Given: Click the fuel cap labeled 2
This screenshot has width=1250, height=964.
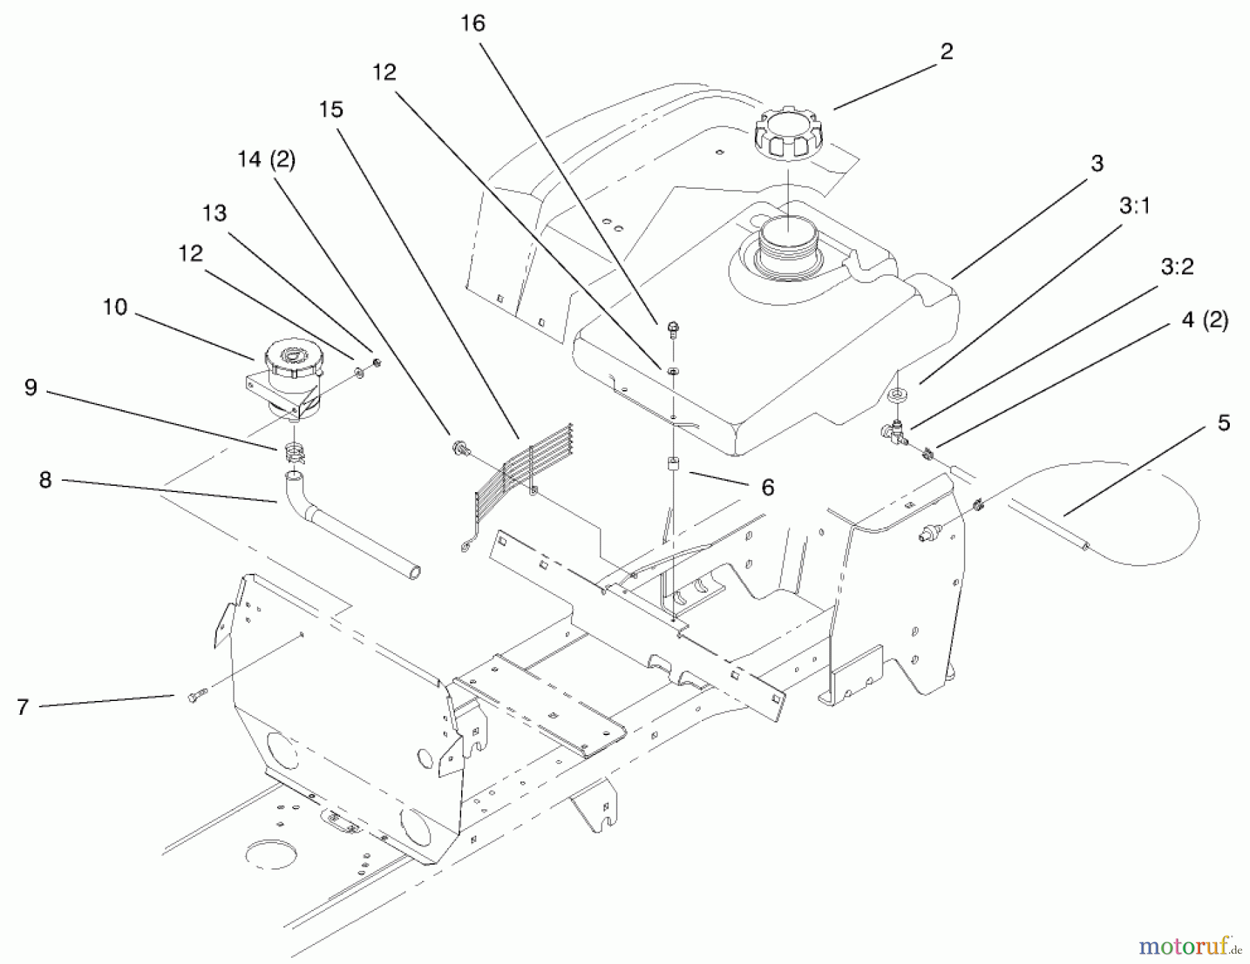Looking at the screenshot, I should click(787, 132).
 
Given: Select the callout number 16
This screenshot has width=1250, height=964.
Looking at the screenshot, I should click(472, 24).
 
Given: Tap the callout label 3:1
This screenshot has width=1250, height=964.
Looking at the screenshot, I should click(1135, 206).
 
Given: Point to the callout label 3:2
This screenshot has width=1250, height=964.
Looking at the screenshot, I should click(1176, 267).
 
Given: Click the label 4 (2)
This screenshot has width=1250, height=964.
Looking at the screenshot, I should click(1204, 321).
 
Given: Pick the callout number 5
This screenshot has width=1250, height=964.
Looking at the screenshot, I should click(1224, 423).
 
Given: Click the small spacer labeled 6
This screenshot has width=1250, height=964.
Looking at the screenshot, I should click(673, 464).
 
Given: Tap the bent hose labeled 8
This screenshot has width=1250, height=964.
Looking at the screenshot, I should click(347, 527).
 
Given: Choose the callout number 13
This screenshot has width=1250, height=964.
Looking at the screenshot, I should click(214, 213).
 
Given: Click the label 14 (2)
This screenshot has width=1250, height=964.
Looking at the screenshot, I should click(266, 160).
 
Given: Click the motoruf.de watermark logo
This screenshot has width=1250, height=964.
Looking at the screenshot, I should click(1190, 945).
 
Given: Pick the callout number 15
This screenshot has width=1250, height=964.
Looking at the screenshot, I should click(331, 110).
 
